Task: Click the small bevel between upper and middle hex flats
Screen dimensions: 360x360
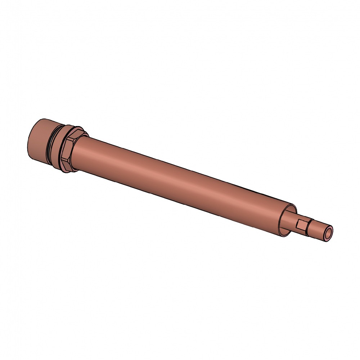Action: (x=70, y=139)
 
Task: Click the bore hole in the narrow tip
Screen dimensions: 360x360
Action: (x=329, y=234)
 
